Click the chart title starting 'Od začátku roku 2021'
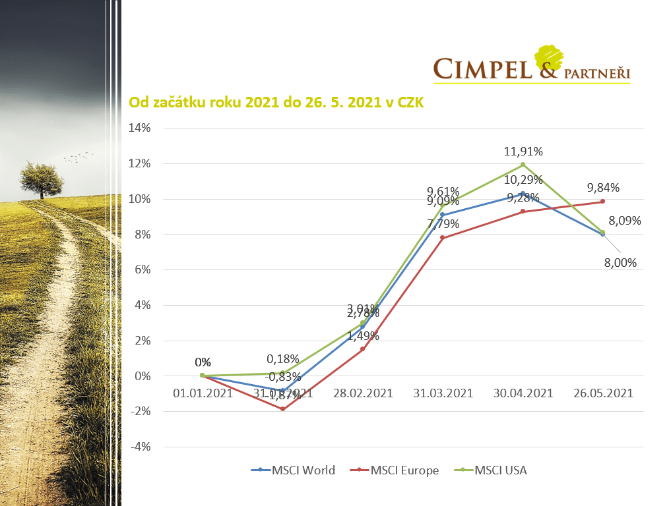(x=276, y=103)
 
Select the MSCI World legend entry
(x=293, y=470)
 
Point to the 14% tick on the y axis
(x=139, y=128)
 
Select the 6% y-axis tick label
(x=142, y=269)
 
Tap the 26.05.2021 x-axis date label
(x=602, y=393)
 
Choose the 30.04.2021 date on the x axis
(x=523, y=393)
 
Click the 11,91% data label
(x=523, y=152)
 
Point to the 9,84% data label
(x=602, y=186)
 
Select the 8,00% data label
(x=621, y=262)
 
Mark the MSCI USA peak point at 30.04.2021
(x=523, y=164)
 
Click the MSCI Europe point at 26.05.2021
(x=602, y=202)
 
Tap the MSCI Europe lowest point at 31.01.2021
(x=282, y=409)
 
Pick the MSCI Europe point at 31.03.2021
(x=443, y=238)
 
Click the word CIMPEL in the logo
(x=483, y=69)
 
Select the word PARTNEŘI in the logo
(x=597, y=71)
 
